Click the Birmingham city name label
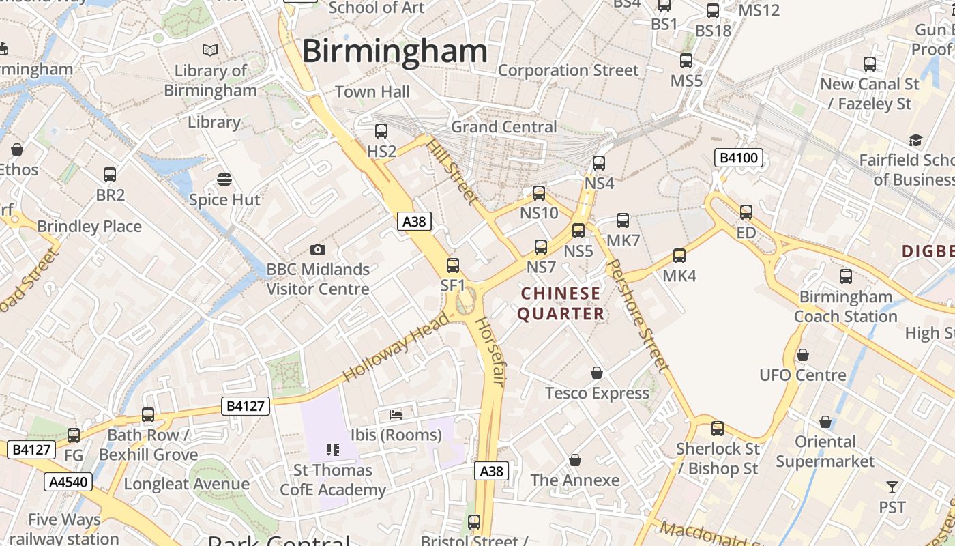pyautogui.click(x=394, y=52)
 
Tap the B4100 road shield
pyautogui.click(x=738, y=158)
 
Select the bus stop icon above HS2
pyautogui.click(x=381, y=130)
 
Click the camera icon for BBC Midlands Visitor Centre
pyautogui.click(x=317, y=249)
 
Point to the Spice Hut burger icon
pyautogui.click(x=224, y=179)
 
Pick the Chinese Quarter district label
pyautogui.click(x=561, y=304)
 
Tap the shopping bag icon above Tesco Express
pyautogui.click(x=597, y=373)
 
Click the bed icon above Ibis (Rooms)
pyautogui.click(x=396, y=414)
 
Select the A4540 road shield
pyautogui.click(x=68, y=482)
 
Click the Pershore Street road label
pyautogui.click(x=637, y=314)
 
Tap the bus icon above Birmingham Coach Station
pyautogui.click(x=846, y=276)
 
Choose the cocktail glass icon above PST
pyautogui.click(x=892, y=487)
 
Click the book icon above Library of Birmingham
pyautogui.click(x=210, y=50)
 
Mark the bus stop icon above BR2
pyautogui.click(x=110, y=175)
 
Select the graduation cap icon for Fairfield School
pyautogui.click(x=915, y=140)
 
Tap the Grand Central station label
pyautogui.click(x=504, y=127)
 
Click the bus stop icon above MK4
pyautogui.click(x=679, y=256)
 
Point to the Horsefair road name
pyautogui.click(x=489, y=351)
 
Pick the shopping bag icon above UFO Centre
pyautogui.click(x=803, y=355)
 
